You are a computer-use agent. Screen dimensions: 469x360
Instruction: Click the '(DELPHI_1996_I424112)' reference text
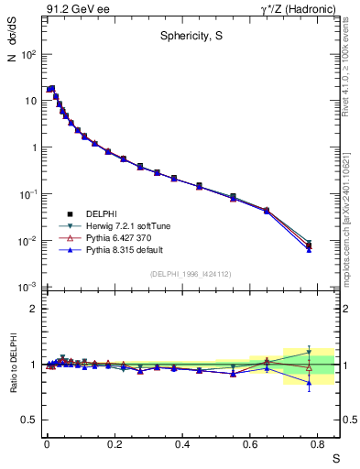190,274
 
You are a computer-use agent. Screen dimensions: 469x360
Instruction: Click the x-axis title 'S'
335,456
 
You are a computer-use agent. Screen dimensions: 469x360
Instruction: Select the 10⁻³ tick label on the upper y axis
28,288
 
